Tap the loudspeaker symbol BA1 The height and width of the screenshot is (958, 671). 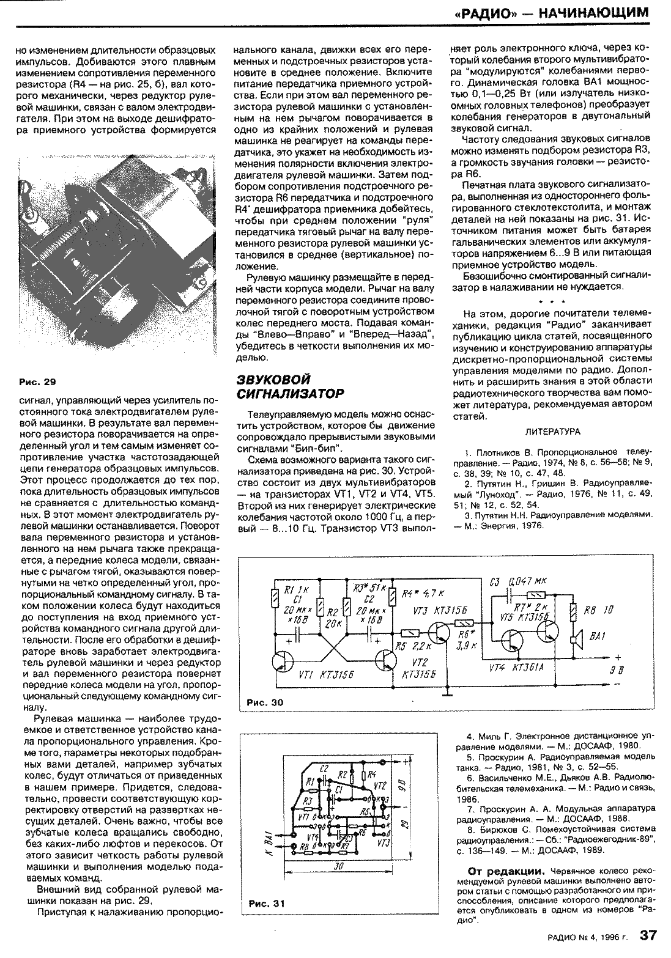click(x=575, y=639)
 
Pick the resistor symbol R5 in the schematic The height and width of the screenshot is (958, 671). click(x=410, y=635)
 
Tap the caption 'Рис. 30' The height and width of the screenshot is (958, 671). click(x=265, y=702)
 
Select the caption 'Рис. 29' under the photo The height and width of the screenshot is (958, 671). click(x=37, y=382)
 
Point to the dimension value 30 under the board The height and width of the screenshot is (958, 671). click(x=337, y=866)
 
